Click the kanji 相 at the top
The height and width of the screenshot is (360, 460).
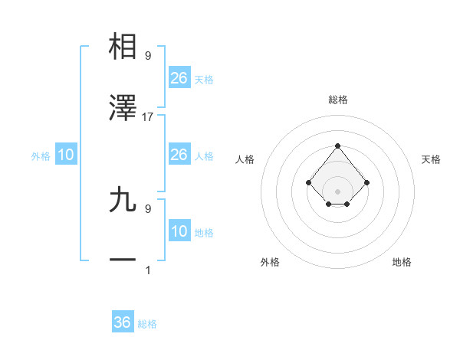[123, 47]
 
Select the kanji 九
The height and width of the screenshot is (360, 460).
[123, 199]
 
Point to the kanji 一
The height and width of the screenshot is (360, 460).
[123, 260]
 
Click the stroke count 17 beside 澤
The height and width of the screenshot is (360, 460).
[148, 117]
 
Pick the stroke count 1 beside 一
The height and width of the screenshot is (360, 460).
[148, 270]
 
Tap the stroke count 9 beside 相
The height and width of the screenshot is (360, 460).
[148, 55]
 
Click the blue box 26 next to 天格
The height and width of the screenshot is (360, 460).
[179, 77]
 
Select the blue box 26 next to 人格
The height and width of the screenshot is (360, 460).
[179, 155]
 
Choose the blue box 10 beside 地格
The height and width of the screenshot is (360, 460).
[179, 231]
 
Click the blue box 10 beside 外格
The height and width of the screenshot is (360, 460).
[66, 155]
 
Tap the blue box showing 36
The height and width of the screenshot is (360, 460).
[123, 322]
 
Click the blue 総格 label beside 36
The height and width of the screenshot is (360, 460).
[147, 324]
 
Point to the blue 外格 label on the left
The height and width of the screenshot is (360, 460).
[41, 156]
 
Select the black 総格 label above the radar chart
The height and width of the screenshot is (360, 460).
[337, 100]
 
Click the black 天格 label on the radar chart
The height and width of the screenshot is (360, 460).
[431, 159]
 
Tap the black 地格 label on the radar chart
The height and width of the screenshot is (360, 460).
[402, 262]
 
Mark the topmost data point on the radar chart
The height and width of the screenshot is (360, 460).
[337, 146]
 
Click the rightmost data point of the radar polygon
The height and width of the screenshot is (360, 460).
[367, 182]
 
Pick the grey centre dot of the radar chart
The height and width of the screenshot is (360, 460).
[337, 191]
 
